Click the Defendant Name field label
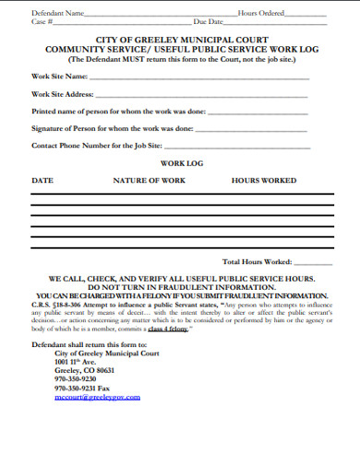57,13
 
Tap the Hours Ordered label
260,13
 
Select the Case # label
42,20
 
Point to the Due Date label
208,20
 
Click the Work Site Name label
60,76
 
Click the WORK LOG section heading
181,163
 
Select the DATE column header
42,181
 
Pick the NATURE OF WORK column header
149,181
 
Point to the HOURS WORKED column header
264,181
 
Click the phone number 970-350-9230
76,379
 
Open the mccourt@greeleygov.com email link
98,397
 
